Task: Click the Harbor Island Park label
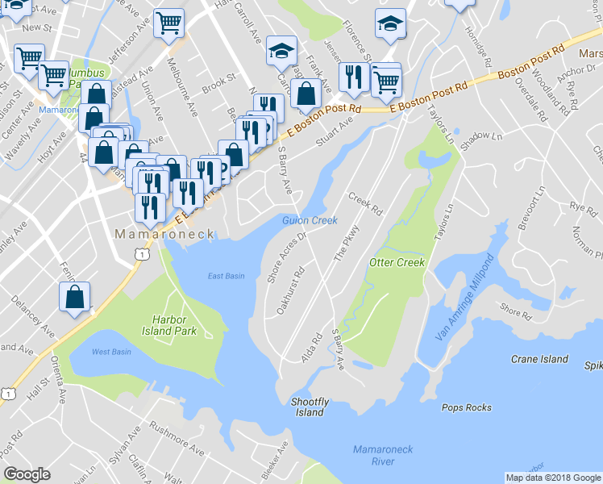(x=174, y=325)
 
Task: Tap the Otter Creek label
(x=396, y=263)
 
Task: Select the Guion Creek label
(x=310, y=220)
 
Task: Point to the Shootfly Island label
(x=310, y=407)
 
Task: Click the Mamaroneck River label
(x=373, y=455)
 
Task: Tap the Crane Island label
(x=539, y=359)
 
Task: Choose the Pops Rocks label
(x=467, y=407)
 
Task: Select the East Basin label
(x=226, y=276)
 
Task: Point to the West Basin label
(x=111, y=352)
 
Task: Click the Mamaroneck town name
(x=164, y=234)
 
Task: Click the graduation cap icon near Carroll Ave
(x=281, y=51)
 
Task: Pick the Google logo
(x=27, y=474)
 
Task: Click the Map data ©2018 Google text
(x=552, y=478)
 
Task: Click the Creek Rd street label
(x=365, y=203)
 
